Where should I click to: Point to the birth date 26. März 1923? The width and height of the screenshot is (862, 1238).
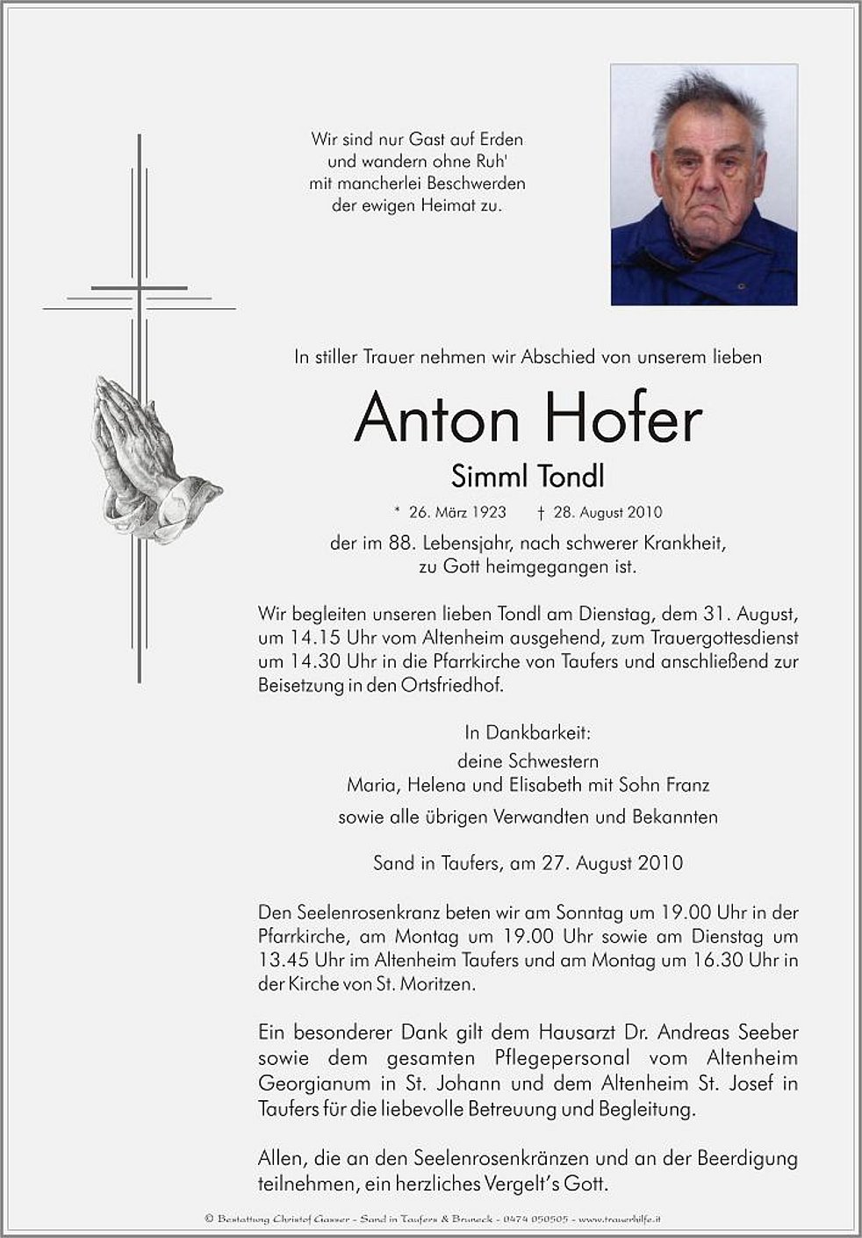click(x=457, y=512)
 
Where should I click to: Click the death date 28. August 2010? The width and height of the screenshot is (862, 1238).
click(x=607, y=512)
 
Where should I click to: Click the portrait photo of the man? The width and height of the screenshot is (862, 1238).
click(x=704, y=184)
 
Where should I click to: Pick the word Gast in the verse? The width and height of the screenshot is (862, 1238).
click(x=427, y=139)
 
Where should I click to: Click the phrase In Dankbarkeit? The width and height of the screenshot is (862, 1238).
click(x=528, y=732)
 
